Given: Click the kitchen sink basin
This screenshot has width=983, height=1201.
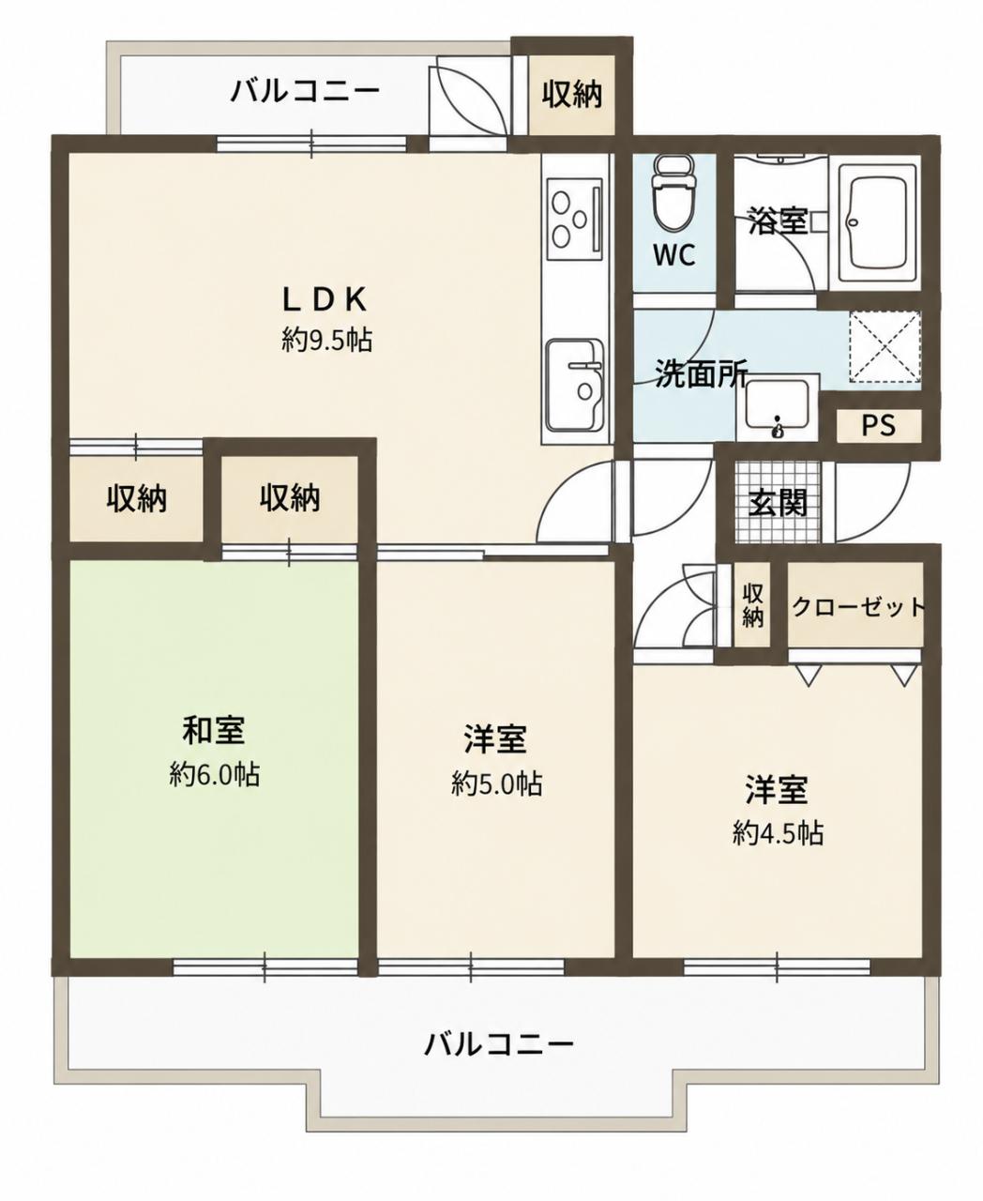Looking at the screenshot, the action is click(575, 386).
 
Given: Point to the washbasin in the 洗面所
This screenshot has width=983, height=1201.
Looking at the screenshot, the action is click(778, 409).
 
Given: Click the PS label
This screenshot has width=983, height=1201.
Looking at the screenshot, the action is click(878, 425).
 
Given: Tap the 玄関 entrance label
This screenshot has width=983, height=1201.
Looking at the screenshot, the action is click(778, 502).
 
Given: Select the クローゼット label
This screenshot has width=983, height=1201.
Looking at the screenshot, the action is click(857, 608).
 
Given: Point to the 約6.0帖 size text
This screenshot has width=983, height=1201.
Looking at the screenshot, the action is click(215, 774).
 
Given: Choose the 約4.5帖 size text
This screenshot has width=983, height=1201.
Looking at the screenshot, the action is click(778, 833).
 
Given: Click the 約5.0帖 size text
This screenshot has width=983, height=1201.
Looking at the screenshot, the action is click(497, 783).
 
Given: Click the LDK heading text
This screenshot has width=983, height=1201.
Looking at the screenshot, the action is click(325, 300).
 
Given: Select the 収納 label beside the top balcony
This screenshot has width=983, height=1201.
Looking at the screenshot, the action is click(571, 94).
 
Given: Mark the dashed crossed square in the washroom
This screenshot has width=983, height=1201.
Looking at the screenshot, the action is click(884, 345).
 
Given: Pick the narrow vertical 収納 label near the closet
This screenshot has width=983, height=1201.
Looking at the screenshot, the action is click(752, 607).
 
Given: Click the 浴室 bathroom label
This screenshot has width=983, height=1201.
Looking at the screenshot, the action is click(778, 220).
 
